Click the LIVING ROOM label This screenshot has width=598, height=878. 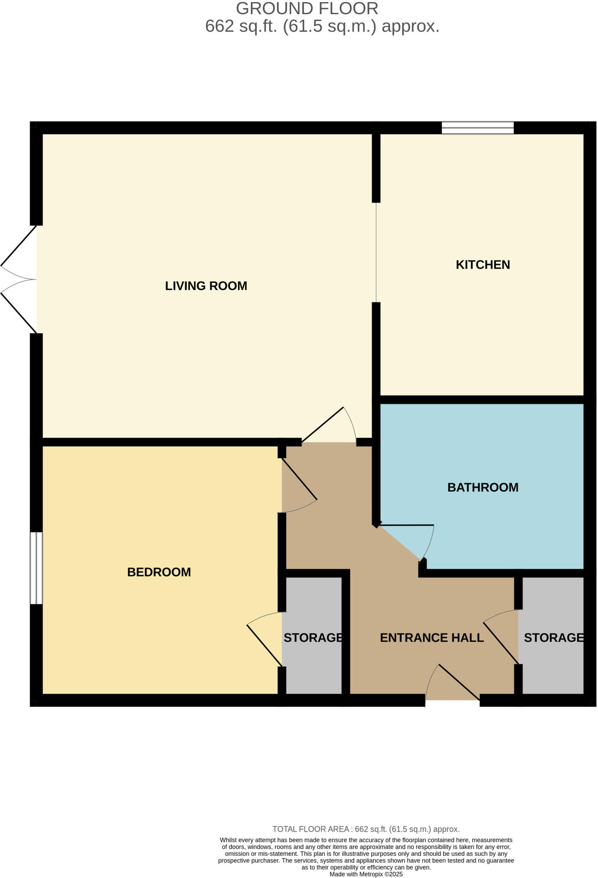coord(206,286)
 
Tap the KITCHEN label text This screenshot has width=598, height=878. coord(483,265)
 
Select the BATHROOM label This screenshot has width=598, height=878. coord(483,487)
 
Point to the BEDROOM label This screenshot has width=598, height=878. coord(159,572)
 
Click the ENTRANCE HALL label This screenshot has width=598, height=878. coord(432,638)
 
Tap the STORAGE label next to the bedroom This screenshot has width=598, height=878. coord(313,638)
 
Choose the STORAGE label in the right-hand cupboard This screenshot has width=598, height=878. coord(553,638)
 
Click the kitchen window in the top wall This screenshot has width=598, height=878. coord(478,128)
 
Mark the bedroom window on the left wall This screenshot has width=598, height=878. coord(36,568)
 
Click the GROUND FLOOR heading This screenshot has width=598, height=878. coord(307,9)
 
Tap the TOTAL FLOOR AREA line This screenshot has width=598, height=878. coord(366,829)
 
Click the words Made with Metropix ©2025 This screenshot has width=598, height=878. coord(366,874)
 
